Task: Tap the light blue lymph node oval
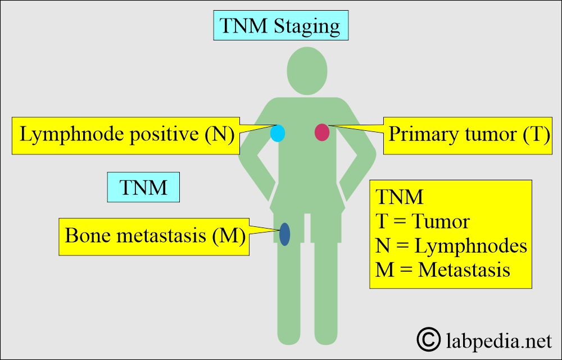(278, 133)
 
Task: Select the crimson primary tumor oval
(321, 132)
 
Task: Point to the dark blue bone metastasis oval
(284, 234)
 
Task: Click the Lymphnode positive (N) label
(127, 135)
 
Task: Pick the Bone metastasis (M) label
(155, 236)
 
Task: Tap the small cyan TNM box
(143, 187)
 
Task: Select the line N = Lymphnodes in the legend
(451, 245)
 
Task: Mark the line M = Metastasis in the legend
(442, 270)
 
